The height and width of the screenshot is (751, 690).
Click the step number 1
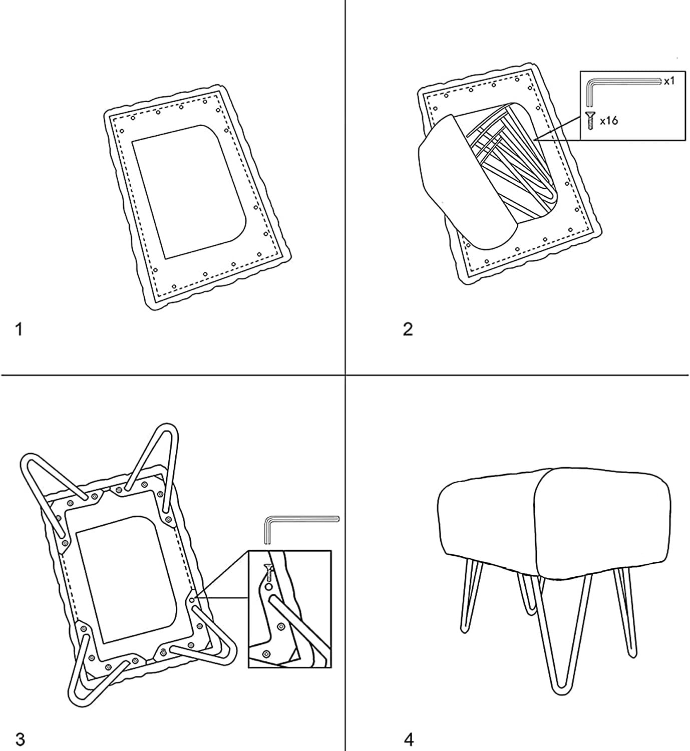click(19, 330)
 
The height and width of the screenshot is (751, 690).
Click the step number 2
click(408, 329)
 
